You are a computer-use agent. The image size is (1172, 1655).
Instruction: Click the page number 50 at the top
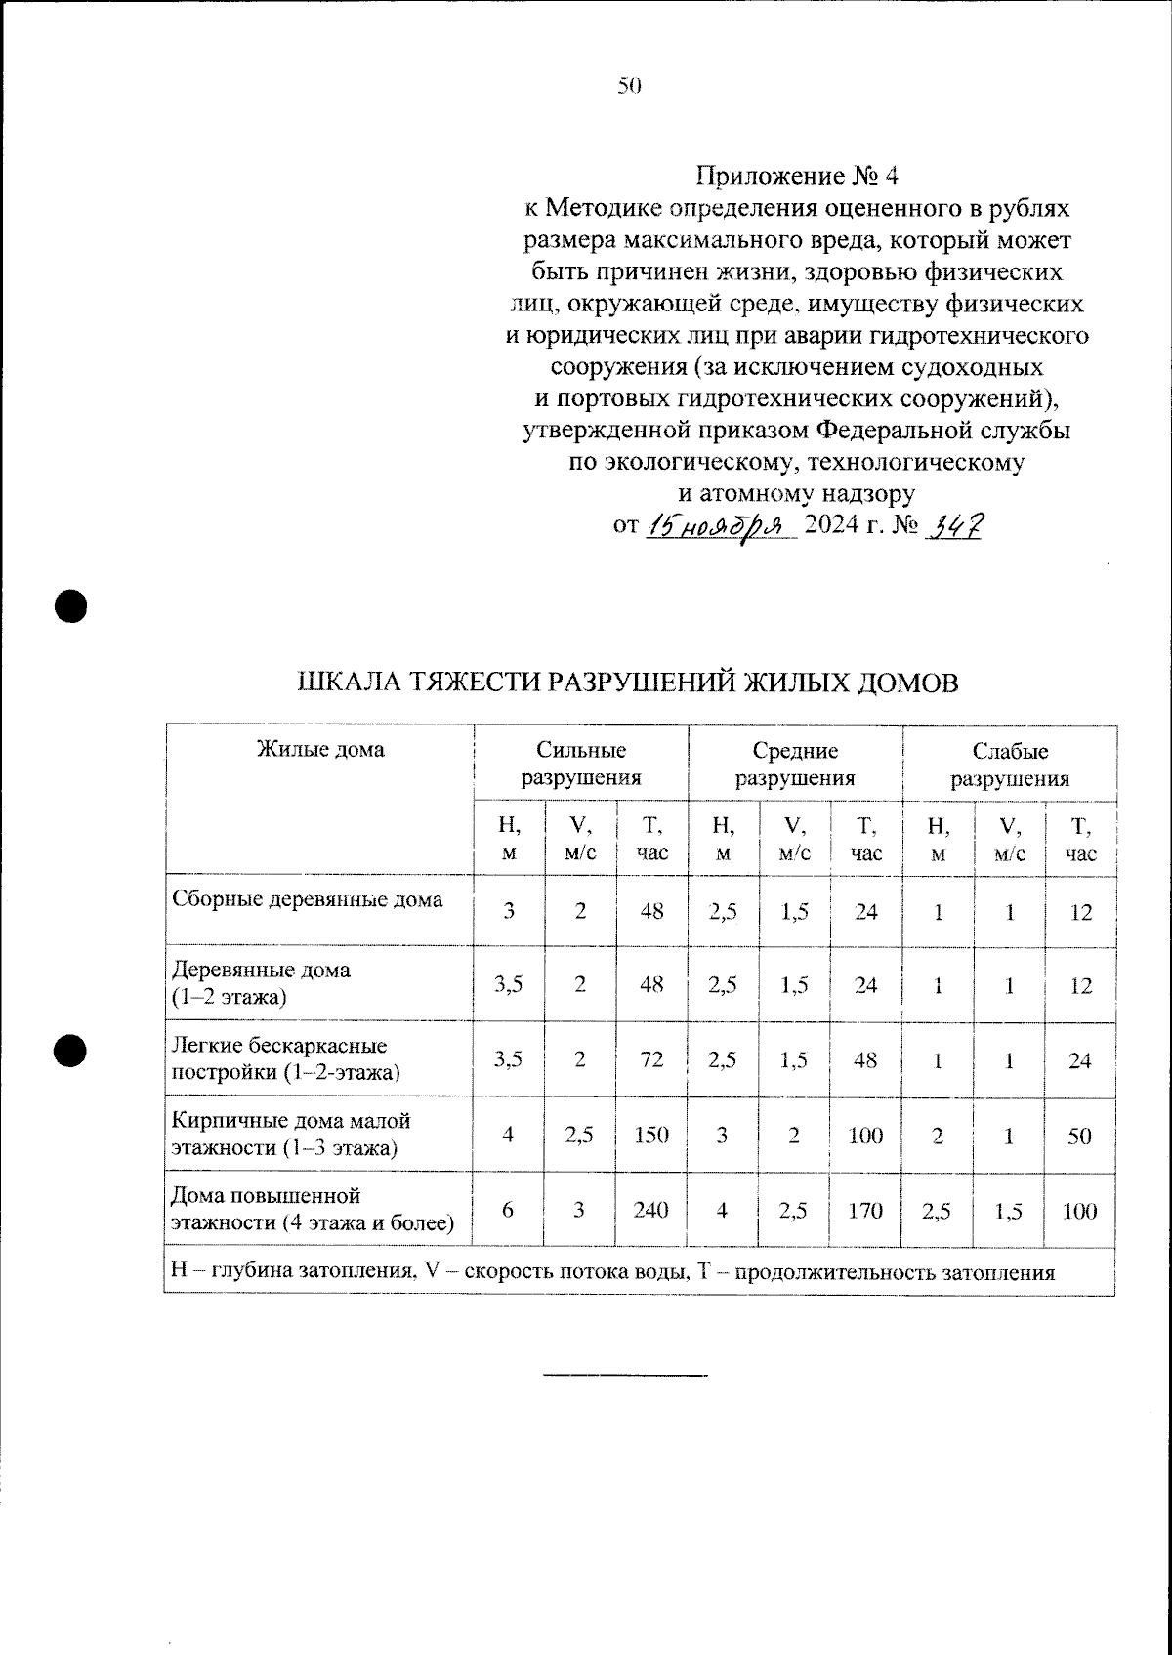tap(629, 86)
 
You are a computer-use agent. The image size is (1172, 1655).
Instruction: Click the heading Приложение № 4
tap(795, 177)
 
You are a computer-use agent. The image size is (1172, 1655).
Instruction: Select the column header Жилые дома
tap(319, 749)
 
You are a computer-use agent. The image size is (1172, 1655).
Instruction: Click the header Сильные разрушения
tap(580, 765)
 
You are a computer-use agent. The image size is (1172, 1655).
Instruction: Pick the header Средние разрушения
tap(795, 765)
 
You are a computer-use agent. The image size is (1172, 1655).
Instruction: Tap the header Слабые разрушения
tap(1009, 765)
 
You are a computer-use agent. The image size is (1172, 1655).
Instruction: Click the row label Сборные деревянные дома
tap(307, 899)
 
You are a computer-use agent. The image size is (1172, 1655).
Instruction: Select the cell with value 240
tap(650, 1210)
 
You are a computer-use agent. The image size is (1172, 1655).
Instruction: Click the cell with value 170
tap(865, 1210)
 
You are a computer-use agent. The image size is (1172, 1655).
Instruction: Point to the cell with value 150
tap(650, 1135)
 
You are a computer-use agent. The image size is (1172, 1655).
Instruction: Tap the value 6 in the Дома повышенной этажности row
tap(508, 1210)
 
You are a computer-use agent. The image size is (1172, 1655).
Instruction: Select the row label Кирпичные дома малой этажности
tap(291, 1134)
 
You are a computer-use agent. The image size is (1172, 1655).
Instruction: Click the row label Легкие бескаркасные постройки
tap(285, 1059)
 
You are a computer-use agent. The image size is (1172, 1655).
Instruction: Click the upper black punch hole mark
tap(70, 605)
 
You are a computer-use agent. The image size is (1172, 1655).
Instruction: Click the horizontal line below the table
tap(625, 1376)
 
